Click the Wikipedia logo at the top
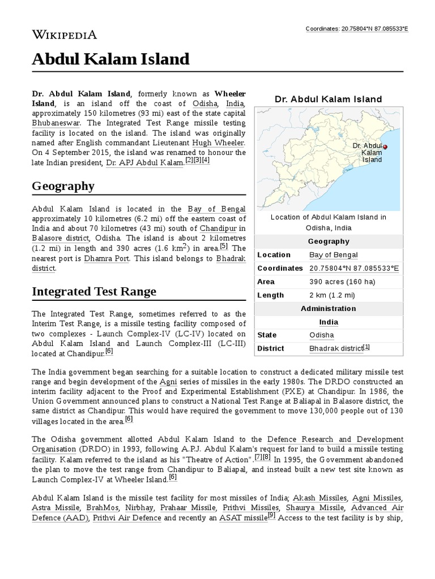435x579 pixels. coord(64,34)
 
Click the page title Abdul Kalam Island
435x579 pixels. coord(110,59)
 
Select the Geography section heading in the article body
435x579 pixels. coord(63,186)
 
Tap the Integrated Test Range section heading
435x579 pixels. coord(94,291)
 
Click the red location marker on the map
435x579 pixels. coord(385,147)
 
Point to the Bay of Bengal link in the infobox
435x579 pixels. coord(334,255)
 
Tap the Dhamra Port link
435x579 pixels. coord(106,258)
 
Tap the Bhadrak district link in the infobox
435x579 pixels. coord(336,348)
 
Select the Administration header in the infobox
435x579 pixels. coord(329,309)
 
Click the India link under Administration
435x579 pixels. coord(329,322)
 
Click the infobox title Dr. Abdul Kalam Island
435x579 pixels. coord(329,100)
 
